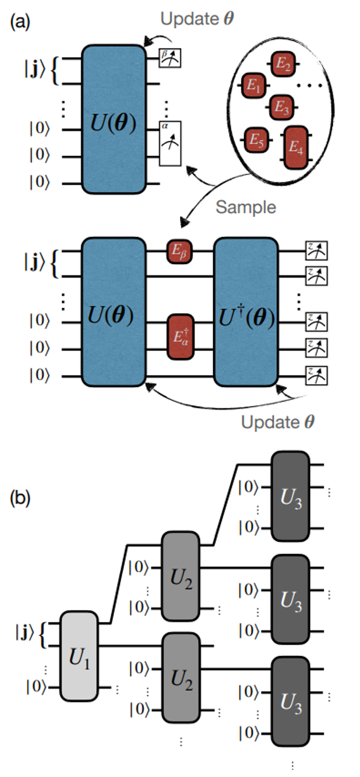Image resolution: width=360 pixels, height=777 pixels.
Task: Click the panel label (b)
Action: tap(20, 500)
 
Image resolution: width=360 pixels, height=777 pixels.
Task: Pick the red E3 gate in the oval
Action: tap(282, 107)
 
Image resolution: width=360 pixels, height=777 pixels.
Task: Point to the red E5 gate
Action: tap(256, 139)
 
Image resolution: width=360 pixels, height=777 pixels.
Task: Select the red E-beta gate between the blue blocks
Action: tap(179, 251)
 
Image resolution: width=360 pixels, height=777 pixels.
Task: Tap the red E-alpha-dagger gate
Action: tap(179, 336)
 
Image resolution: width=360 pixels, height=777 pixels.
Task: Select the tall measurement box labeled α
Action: tap(170, 143)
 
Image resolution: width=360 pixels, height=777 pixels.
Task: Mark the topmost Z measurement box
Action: tap(317, 251)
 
